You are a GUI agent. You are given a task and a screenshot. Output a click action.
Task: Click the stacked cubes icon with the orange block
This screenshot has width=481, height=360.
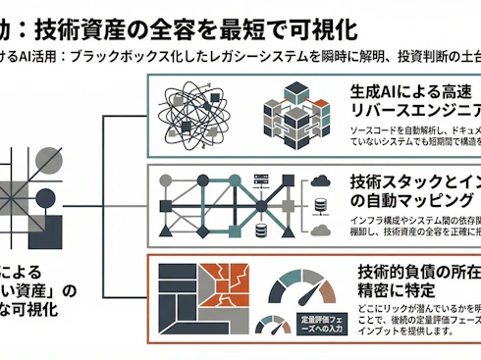click(x=294, y=116)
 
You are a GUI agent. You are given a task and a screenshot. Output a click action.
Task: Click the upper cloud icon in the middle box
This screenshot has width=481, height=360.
click(x=320, y=180)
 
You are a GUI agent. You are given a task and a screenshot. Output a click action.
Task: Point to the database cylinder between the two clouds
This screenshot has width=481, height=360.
click(x=319, y=207)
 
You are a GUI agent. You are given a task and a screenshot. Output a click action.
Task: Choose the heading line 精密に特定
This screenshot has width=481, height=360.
click(x=394, y=291)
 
